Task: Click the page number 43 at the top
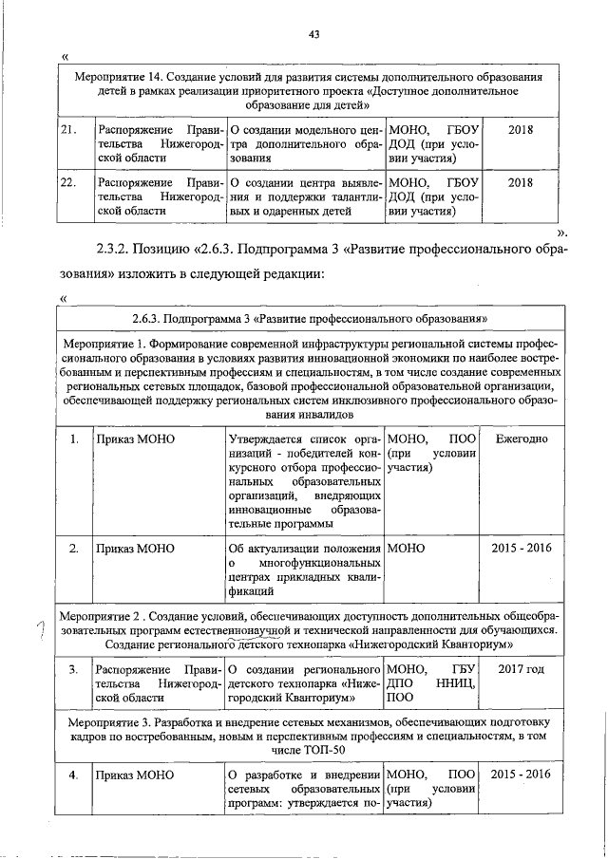click(315, 34)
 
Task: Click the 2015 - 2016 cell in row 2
click(521, 548)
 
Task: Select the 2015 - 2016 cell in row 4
click(521, 774)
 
